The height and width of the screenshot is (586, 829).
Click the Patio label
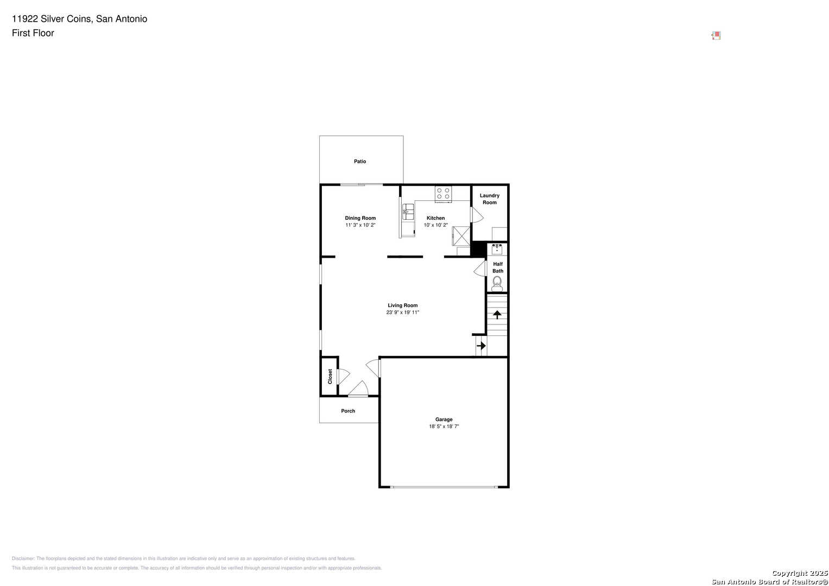click(x=360, y=161)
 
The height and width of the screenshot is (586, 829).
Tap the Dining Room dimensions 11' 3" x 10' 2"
click(x=360, y=225)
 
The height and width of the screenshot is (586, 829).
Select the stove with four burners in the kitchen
click(x=443, y=194)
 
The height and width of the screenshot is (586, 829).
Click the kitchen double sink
click(x=408, y=212)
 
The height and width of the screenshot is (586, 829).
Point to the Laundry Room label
click(x=489, y=199)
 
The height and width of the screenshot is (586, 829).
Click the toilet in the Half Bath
click(x=497, y=284)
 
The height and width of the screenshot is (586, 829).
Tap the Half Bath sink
click(x=497, y=250)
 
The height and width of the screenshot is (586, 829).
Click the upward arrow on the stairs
click(x=497, y=315)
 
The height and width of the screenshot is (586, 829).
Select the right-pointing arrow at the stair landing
click(x=481, y=346)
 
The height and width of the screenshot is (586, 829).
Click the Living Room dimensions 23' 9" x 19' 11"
click(x=403, y=312)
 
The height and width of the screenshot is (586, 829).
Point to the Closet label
click(x=330, y=377)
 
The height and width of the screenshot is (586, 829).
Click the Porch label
click(x=348, y=411)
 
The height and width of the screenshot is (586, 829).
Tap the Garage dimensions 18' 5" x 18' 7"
click(x=444, y=426)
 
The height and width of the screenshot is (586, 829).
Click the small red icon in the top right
click(x=716, y=35)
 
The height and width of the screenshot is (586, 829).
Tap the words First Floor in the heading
click(x=33, y=33)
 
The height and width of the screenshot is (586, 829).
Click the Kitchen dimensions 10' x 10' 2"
click(x=435, y=225)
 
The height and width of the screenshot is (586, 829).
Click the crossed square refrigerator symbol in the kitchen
click(x=461, y=236)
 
